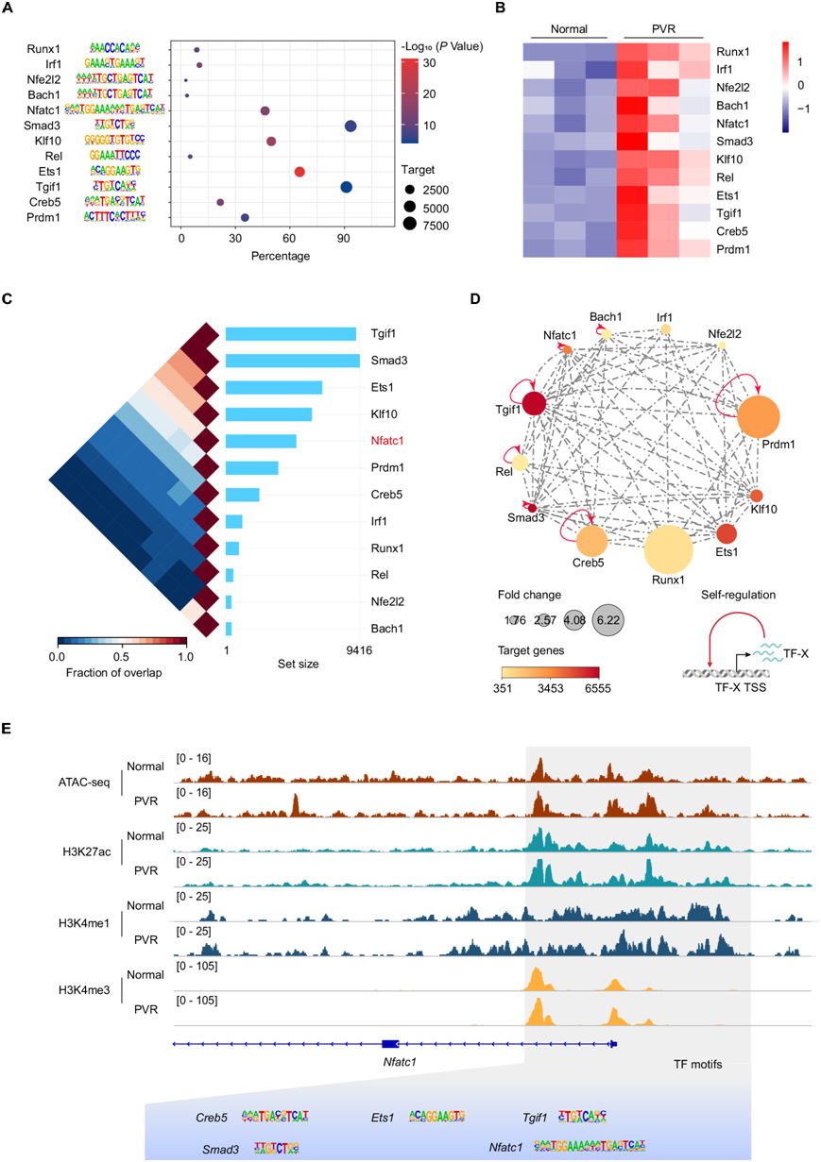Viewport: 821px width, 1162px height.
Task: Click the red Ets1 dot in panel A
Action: [x=299, y=172]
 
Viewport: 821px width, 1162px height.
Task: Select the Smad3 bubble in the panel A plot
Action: [x=351, y=126]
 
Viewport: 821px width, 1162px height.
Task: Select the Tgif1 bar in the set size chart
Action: [x=291, y=333]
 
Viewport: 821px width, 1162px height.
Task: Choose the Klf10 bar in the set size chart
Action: [x=269, y=413]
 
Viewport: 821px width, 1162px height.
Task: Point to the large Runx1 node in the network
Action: [x=668, y=554]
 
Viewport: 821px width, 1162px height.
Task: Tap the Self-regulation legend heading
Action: [x=738, y=595]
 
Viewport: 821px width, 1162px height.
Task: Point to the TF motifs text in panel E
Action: [x=697, y=1064]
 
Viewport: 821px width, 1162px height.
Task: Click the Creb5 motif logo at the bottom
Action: [x=275, y=1117]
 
